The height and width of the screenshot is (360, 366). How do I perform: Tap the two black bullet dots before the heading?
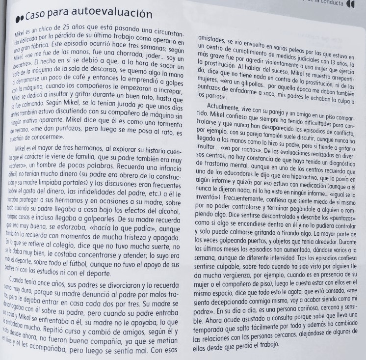(x=20, y=15)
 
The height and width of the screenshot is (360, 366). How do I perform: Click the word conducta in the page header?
(x=331, y=2)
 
